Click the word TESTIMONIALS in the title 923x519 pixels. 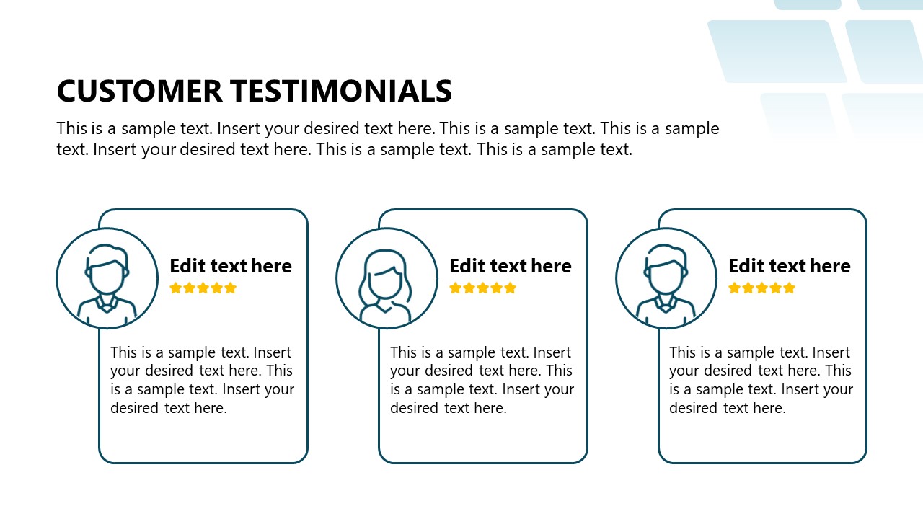341,92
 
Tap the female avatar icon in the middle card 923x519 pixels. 387,279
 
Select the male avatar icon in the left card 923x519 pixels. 107,279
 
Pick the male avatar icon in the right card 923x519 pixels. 666,279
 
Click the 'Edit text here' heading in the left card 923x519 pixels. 231,266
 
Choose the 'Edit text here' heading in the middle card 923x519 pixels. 511,266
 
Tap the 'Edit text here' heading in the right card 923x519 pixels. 790,266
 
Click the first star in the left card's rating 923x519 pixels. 175,288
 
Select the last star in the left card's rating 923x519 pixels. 231,288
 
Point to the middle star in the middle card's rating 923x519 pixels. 483,288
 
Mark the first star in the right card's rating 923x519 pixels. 734,288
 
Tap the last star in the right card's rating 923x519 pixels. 790,288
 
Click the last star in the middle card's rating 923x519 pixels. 511,288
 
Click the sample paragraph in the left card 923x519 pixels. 202,380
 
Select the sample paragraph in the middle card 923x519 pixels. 482,380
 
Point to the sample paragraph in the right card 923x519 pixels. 761,380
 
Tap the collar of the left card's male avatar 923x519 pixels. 107,306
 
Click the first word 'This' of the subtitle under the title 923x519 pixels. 71,129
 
